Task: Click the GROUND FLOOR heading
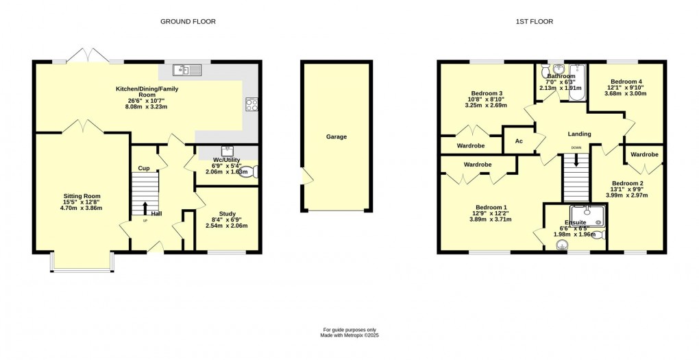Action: pos(188,22)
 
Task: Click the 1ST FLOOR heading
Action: pos(535,22)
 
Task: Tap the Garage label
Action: pos(336,136)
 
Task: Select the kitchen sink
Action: pos(186,69)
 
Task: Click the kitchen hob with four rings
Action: pos(251,105)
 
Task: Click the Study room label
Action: pos(227,214)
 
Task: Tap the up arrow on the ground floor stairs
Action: pos(145,207)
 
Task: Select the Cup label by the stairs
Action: pos(144,168)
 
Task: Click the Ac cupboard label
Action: pos(519,141)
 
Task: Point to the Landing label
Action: pos(579,134)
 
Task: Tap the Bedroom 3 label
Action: pos(487,93)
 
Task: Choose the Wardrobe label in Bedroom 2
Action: pos(644,154)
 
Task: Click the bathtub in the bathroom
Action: pos(578,82)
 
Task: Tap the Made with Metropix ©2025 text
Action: pos(349,335)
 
